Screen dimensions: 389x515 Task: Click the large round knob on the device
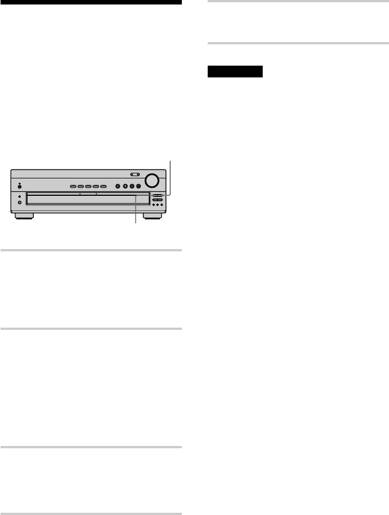click(x=150, y=181)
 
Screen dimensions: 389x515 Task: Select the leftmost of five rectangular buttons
click(x=73, y=186)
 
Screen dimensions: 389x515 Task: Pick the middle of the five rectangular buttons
click(x=88, y=186)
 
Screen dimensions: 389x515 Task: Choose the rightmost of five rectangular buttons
click(x=103, y=186)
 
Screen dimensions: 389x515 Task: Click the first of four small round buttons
click(x=117, y=186)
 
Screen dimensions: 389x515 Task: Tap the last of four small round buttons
click(x=138, y=186)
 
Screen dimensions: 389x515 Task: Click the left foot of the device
click(x=23, y=215)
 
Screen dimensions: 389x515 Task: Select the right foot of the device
click(x=152, y=215)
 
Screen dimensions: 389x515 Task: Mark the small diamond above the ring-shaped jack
click(x=20, y=196)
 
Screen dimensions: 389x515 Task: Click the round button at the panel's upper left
click(x=20, y=186)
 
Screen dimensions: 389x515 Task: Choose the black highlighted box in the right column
click(x=235, y=72)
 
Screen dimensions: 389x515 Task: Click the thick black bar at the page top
click(x=91, y=2)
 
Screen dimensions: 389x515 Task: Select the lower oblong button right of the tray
click(x=157, y=200)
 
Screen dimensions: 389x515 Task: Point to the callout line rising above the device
click(x=170, y=174)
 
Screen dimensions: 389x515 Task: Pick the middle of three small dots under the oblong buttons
click(x=157, y=205)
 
